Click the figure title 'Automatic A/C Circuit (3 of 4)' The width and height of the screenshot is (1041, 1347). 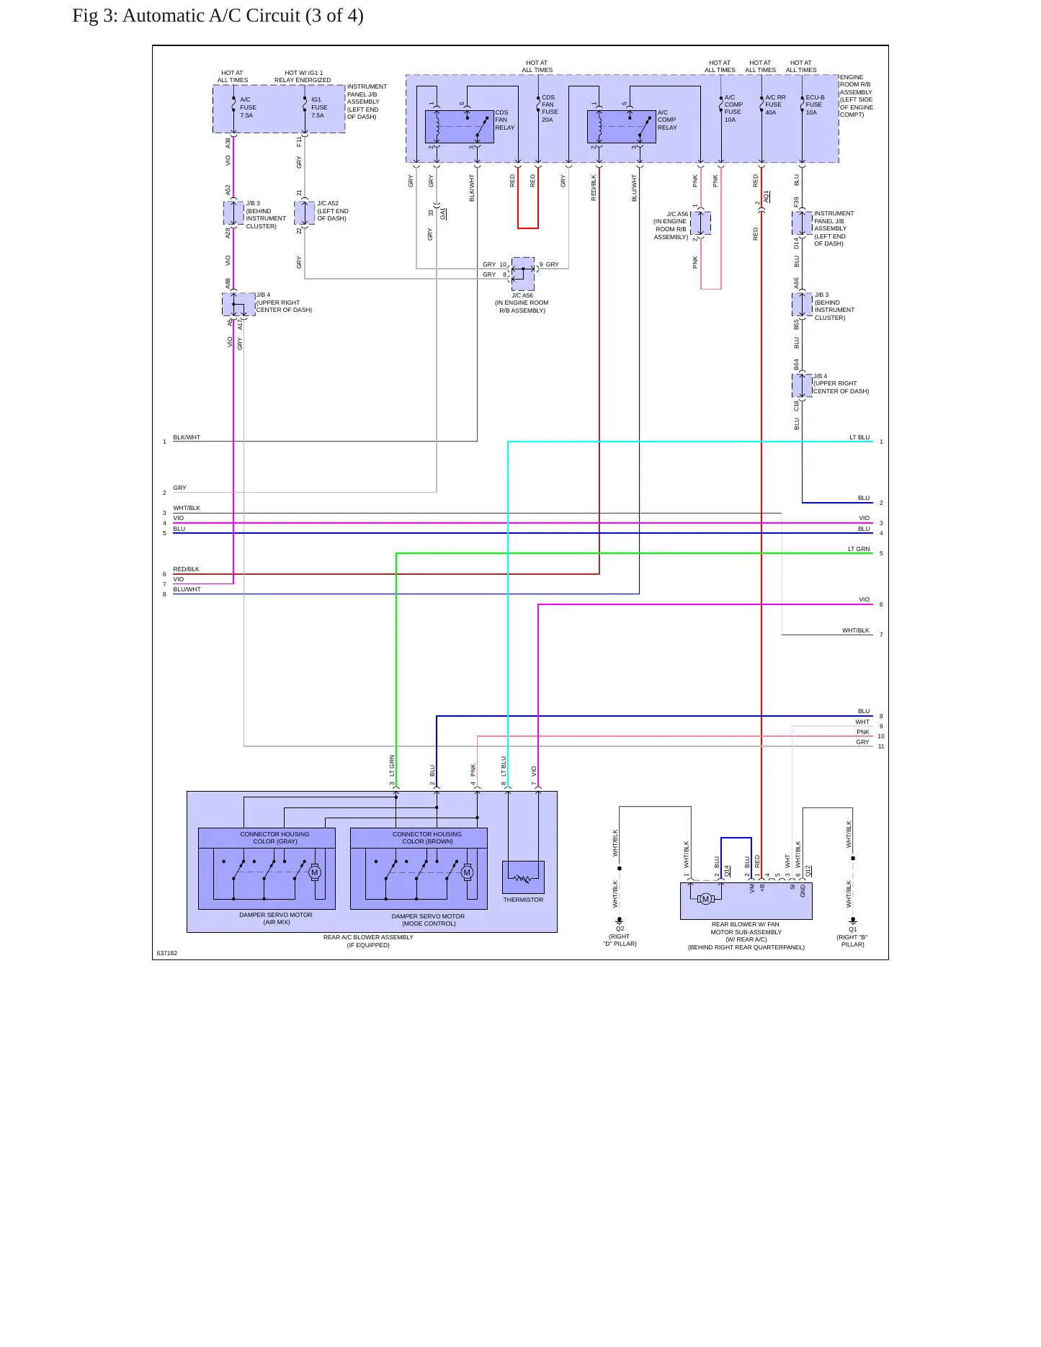tap(243, 16)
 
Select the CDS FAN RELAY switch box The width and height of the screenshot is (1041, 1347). tap(459, 127)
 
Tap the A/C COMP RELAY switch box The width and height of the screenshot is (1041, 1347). tap(622, 127)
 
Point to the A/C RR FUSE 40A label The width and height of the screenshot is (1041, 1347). tap(775, 105)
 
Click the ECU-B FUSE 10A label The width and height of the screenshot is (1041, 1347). tap(815, 105)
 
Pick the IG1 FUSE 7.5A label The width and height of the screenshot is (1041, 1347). tap(318, 107)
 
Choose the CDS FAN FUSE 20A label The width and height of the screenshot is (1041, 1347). tap(549, 108)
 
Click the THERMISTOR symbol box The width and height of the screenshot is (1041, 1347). tap(523, 877)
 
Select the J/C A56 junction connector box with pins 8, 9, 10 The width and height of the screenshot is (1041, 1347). tap(523, 274)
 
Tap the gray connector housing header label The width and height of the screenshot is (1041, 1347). tap(274, 838)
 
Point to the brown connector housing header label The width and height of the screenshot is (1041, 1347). tap(427, 838)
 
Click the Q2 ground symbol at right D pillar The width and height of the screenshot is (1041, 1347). tap(619, 921)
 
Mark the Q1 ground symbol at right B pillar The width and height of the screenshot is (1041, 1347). tap(853, 921)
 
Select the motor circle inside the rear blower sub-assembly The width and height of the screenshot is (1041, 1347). tap(706, 898)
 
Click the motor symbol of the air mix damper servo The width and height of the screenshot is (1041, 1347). tap(314, 872)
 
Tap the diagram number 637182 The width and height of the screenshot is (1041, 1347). tap(167, 953)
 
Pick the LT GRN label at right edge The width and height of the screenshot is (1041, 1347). tap(859, 549)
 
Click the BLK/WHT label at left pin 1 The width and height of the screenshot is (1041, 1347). tap(187, 437)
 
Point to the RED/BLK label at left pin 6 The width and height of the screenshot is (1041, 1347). tap(186, 569)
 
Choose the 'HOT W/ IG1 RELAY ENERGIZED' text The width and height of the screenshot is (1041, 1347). tap(303, 76)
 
